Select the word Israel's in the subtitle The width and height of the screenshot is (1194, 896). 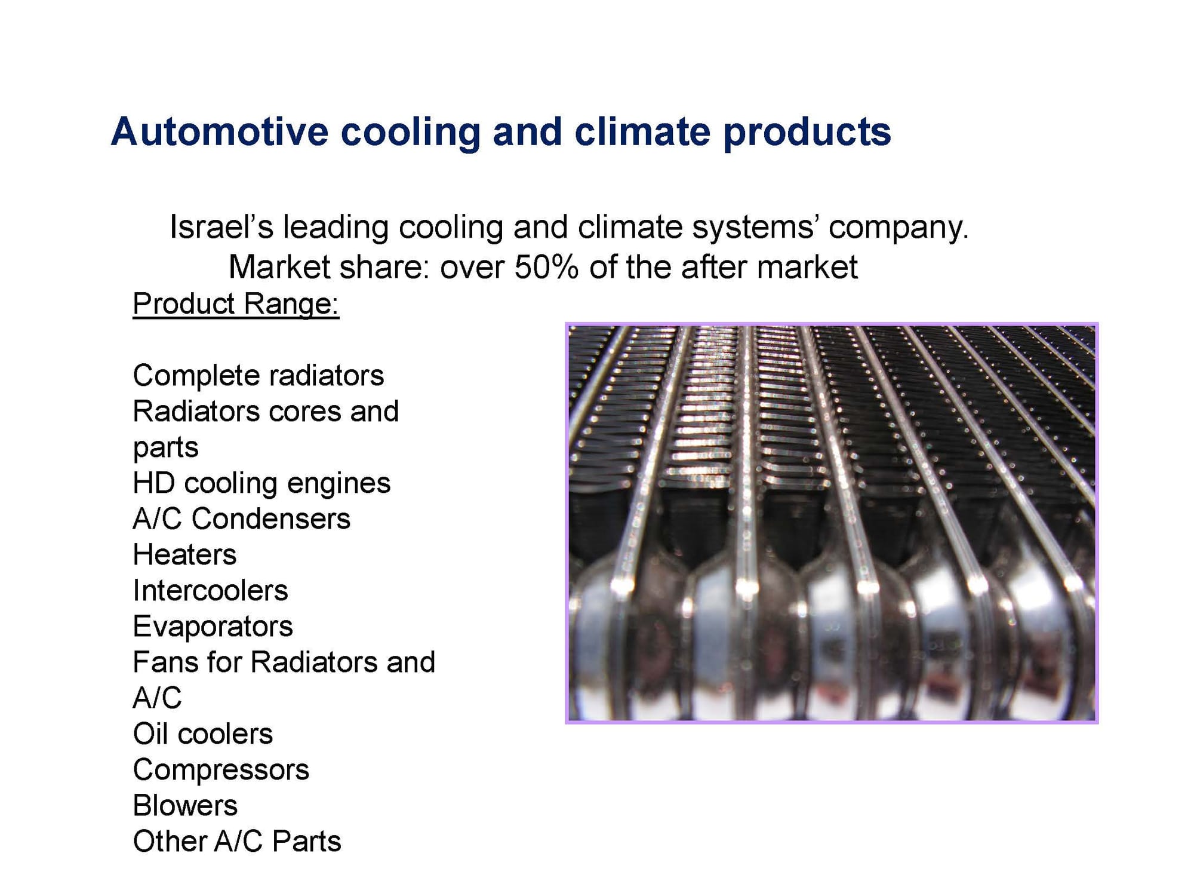pyautogui.click(x=221, y=227)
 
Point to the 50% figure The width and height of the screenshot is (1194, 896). pyautogui.click(x=546, y=267)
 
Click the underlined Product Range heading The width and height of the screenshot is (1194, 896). pyautogui.click(x=236, y=304)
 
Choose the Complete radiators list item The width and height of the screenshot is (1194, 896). pyautogui.click(x=259, y=376)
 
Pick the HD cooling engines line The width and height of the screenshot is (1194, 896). pyautogui.click(x=261, y=484)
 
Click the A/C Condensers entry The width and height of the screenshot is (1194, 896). pyautogui.click(x=242, y=518)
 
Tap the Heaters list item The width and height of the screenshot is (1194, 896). pyautogui.click(x=184, y=555)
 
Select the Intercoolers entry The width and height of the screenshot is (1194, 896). pyautogui.click(x=210, y=591)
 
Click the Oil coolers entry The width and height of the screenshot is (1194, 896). pyautogui.click(x=202, y=734)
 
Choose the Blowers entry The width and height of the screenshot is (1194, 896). pyautogui.click(x=185, y=806)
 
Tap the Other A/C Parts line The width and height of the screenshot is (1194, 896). pyautogui.click(x=237, y=842)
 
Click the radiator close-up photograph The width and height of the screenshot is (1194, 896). pyautogui.click(x=832, y=523)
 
